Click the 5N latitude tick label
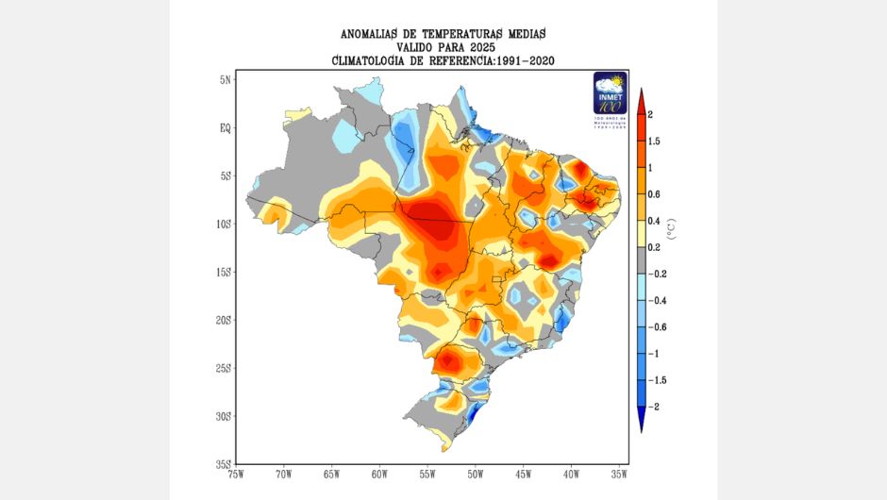point(225,80)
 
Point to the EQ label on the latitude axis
point(225,128)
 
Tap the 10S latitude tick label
point(223,224)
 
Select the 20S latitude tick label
point(223,320)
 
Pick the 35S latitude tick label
point(223,463)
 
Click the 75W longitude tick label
point(236,474)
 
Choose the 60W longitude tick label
point(379,474)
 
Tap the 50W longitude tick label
point(475,474)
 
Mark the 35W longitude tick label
point(619,474)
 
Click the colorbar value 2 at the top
point(651,114)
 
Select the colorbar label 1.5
point(655,141)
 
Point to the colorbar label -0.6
point(658,326)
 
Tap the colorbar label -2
point(654,407)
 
